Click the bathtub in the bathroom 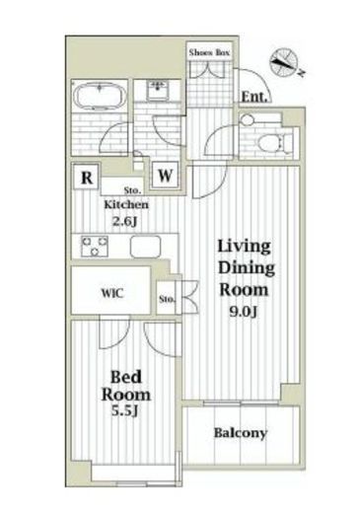point(100,96)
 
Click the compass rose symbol point(284,61)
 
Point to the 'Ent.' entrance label point(253,97)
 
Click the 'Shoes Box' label point(209,52)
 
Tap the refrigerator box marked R point(87,177)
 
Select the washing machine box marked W point(165,175)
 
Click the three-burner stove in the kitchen point(95,246)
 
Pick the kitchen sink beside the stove point(145,247)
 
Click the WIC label point(112,293)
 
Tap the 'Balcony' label point(241,433)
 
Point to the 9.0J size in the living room point(244,311)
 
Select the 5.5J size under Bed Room point(125,410)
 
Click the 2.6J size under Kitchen point(125,221)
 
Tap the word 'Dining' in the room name point(247,268)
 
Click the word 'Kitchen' point(126,205)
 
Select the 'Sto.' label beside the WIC point(167,299)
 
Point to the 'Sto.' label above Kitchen point(133,190)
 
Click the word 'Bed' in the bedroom point(126,377)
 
